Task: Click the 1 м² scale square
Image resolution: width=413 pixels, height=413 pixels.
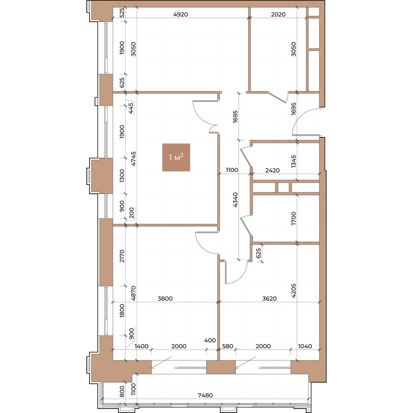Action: (x=176, y=157)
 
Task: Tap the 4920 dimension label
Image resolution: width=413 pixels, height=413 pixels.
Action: (x=180, y=14)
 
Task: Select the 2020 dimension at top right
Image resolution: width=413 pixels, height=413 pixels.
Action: (x=278, y=14)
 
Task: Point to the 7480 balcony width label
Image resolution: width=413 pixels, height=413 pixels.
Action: (x=205, y=395)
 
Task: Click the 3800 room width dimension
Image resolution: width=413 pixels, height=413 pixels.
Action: (x=165, y=298)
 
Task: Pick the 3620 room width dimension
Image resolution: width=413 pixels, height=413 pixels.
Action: (x=269, y=298)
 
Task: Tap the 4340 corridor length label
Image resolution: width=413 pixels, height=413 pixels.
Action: (x=235, y=200)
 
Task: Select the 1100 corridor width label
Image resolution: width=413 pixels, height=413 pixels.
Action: (x=232, y=170)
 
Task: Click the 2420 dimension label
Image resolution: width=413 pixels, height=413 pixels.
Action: (x=272, y=170)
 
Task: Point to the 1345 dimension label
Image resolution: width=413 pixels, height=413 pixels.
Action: (x=294, y=161)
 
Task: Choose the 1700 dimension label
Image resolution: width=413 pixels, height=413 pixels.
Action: (x=294, y=218)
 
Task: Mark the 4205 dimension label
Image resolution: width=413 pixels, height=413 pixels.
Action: (x=294, y=291)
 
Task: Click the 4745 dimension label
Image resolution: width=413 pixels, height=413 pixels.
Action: (x=133, y=159)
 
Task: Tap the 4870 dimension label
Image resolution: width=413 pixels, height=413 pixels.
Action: (x=133, y=293)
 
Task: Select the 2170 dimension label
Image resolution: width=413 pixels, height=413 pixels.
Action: (x=122, y=256)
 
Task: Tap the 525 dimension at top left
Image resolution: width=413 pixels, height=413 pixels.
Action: (x=122, y=12)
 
